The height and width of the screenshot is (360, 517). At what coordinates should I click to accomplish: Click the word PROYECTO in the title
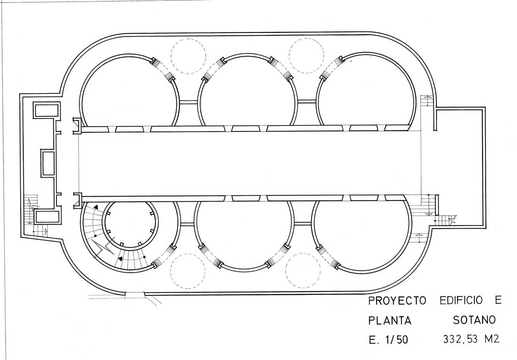coord(397,301)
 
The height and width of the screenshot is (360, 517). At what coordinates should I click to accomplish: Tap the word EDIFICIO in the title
coord(461,300)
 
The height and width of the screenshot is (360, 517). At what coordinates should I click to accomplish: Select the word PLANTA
coord(390,320)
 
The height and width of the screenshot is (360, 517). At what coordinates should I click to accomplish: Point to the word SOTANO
coord(474,320)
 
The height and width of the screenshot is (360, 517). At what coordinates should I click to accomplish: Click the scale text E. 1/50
coord(389,340)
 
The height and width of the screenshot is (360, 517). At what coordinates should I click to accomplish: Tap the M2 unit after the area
coord(492,339)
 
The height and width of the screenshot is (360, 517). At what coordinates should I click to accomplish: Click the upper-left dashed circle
coord(188,39)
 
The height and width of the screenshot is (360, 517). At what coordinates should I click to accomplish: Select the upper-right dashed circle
coord(306,38)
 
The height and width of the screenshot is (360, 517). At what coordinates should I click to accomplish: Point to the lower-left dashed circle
coord(188,254)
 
